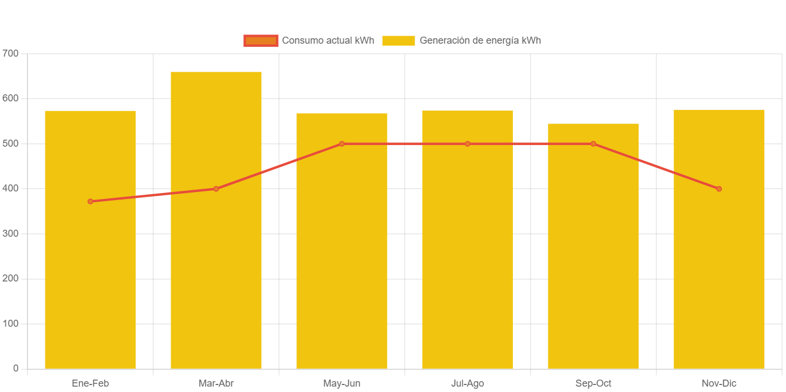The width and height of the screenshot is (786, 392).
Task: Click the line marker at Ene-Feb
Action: tap(90, 202)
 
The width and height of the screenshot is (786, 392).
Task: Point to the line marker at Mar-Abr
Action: tap(216, 189)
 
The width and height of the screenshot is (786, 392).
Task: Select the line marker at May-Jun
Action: tap(342, 144)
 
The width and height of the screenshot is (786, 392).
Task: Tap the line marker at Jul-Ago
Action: tap(467, 144)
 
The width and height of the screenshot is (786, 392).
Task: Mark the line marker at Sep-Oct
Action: tap(593, 144)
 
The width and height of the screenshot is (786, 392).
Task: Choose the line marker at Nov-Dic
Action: tap(719, 189)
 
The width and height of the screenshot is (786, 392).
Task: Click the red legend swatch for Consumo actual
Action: tap(261, 40)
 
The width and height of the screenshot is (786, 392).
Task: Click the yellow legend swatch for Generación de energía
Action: tap(398, 40)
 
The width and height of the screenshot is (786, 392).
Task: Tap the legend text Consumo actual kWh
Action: tap(328, 40)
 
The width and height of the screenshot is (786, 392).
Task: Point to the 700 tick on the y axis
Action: tap(10, 53)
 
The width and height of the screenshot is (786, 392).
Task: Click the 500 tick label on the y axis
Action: tap(10, 143)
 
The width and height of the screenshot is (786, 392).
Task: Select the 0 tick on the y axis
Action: tap(16, 368)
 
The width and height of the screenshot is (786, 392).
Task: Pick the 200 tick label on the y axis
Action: tap(10, 278)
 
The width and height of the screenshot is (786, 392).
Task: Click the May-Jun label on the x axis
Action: tap(342, 384)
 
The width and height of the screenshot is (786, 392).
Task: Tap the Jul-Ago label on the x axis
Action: tap(467, 384)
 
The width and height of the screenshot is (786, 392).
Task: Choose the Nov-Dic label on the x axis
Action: tap(719, 384)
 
